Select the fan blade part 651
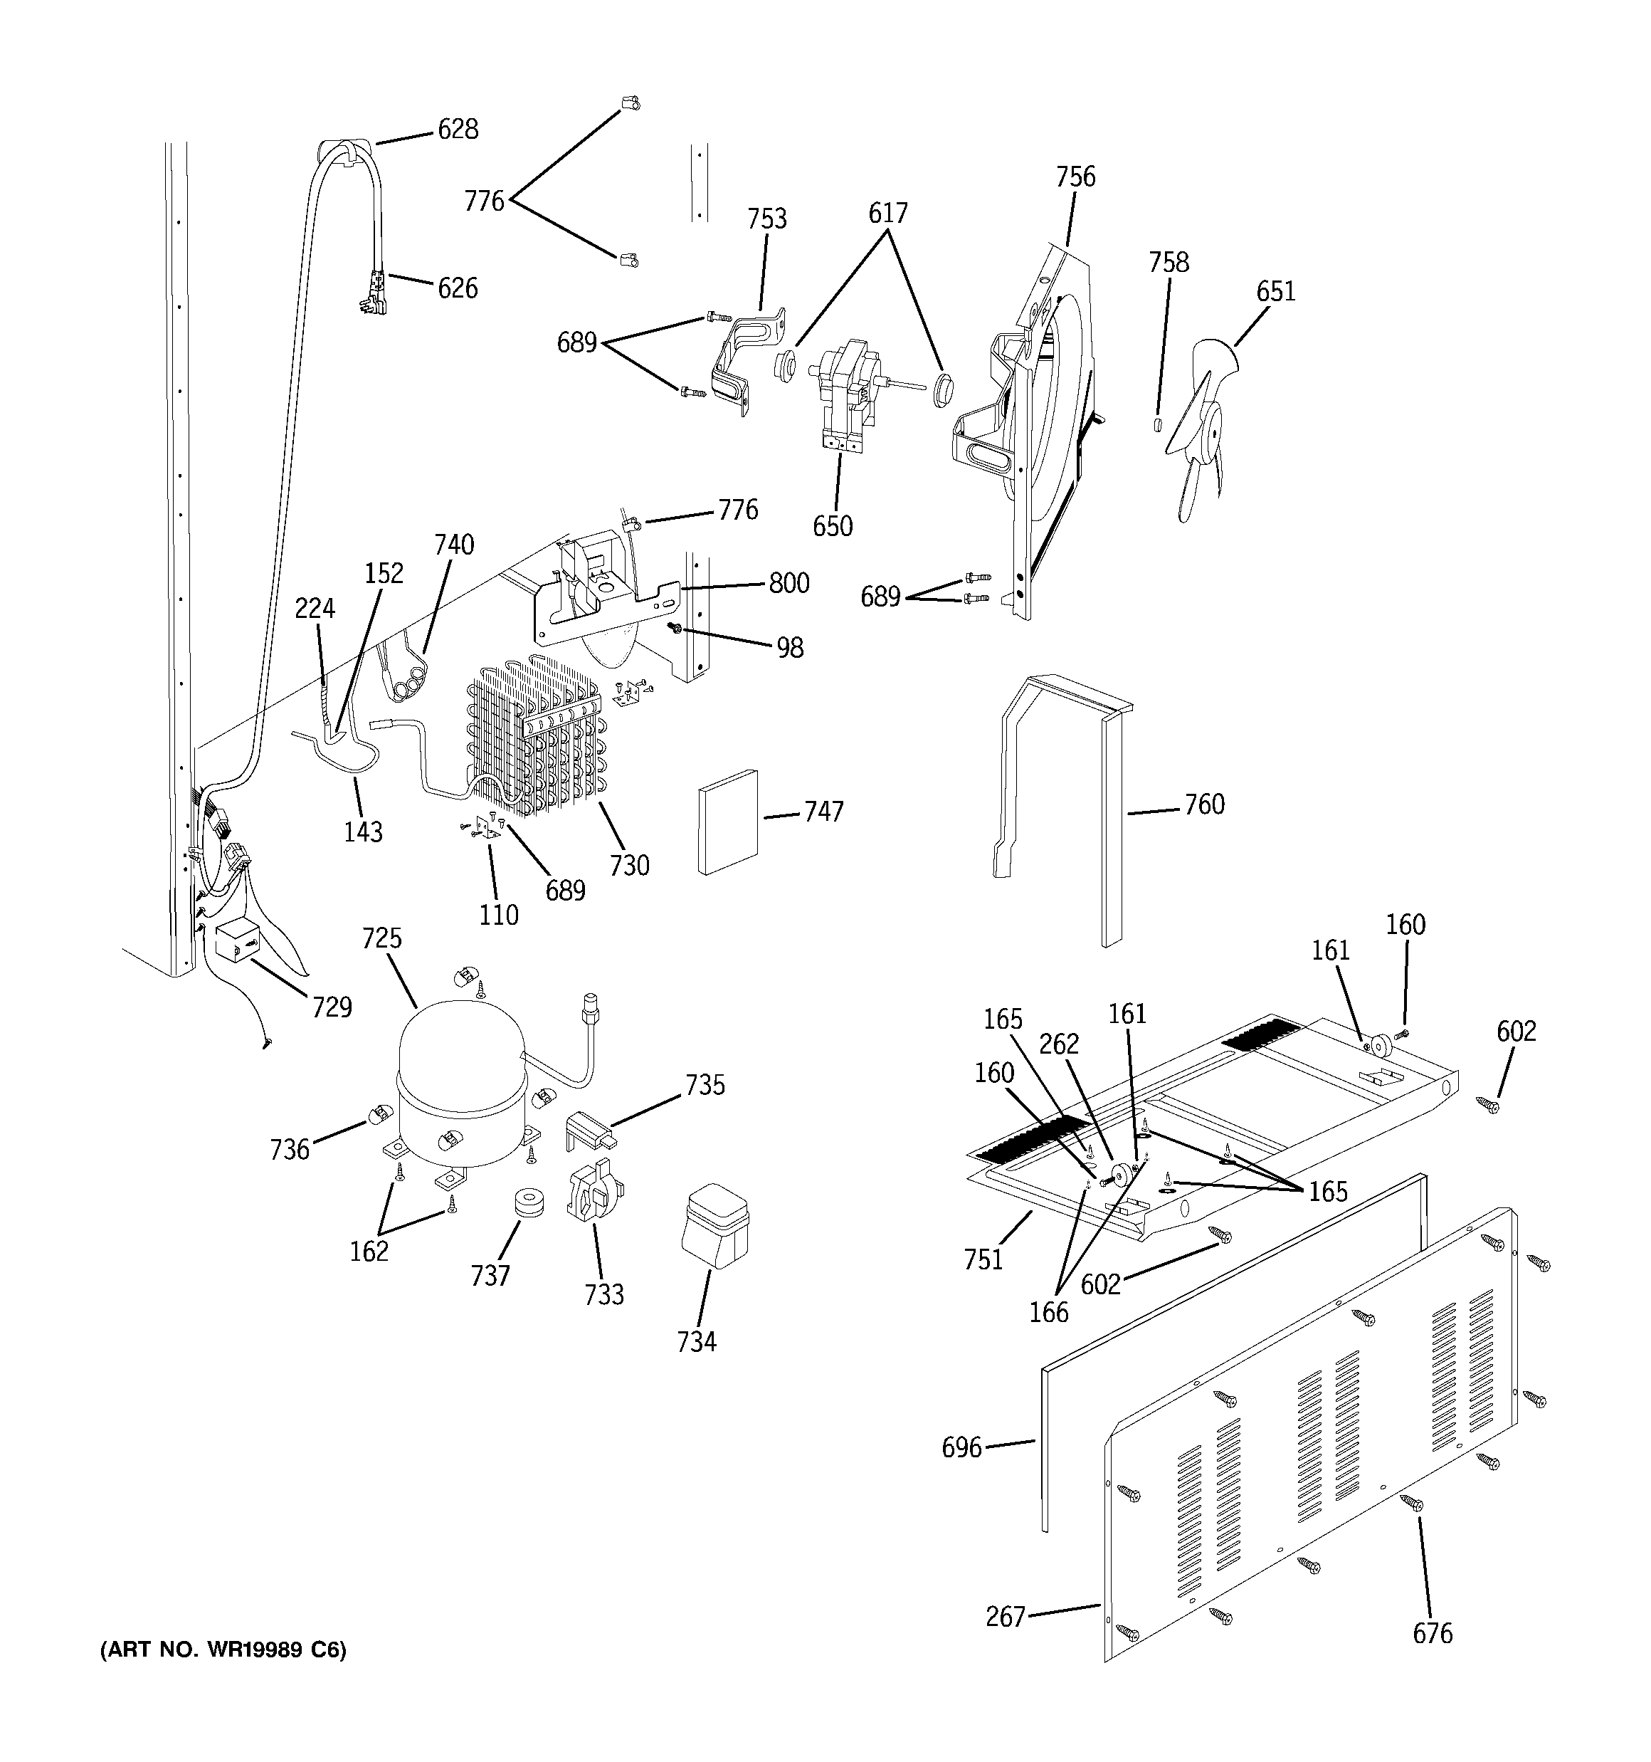click(1196, 426)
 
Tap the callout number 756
click(1075, 177)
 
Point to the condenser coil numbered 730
click(536, 735)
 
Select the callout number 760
click(1204, 804)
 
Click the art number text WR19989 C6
click(223, 1650)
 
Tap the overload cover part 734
click(714, 1227)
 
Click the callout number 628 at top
click(458, 130)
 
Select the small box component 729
click(236, 940)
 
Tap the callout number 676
click(1432, 1633)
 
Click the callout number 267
click(1005, 1617)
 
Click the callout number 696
click(961, 1448)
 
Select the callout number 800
click(788, 583)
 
